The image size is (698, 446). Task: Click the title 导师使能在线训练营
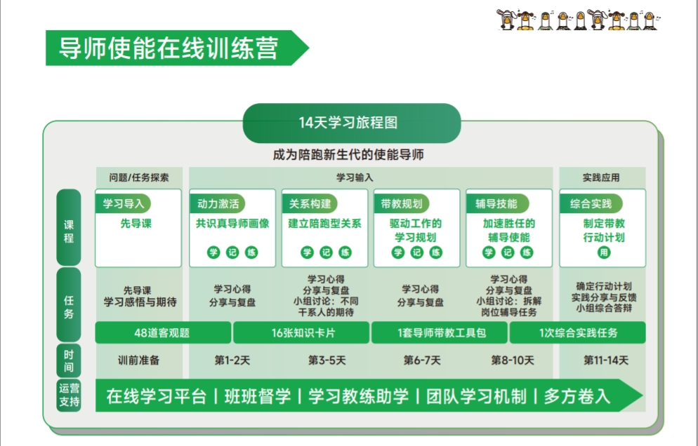169,48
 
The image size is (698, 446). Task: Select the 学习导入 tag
124,203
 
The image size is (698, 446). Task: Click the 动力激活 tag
218,203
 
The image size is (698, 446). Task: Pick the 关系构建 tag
310,203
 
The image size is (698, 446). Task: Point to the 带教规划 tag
402,203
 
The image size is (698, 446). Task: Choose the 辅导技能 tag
496,203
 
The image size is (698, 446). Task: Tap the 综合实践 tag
591,203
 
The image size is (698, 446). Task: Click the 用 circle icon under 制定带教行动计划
604,252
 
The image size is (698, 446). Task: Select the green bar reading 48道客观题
163,332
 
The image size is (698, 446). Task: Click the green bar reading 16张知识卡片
301,332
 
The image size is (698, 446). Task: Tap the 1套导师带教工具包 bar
440,332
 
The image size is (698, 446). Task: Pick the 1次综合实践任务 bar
578,332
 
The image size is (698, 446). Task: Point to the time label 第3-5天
327,360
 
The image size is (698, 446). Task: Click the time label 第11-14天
606,360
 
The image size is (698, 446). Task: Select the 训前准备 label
138,360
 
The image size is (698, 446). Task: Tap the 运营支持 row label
69,395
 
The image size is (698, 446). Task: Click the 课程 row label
69,231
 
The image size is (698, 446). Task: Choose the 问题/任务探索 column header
139,177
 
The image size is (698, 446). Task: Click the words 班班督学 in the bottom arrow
257,396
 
